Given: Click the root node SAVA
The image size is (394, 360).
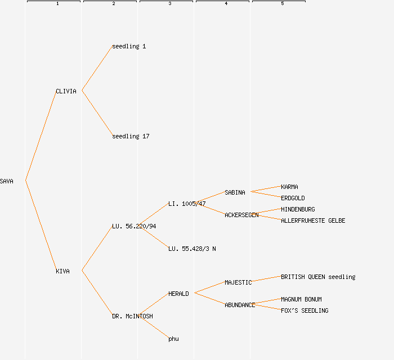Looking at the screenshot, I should click(x=7, y=181).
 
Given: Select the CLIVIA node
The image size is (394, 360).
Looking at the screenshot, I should click(x=66, y=91).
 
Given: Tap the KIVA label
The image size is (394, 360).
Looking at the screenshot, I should click(x=62, y=271).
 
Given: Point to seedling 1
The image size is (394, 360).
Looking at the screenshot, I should click(x=129, y=46).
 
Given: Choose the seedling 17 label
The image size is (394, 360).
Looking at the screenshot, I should click(x=131, y=136).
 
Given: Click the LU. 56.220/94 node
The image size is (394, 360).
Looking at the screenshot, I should click(x=134, y=226).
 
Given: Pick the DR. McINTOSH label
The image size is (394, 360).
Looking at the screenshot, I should click(x=132, y=316).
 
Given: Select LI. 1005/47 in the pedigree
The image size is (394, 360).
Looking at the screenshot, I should click(x=187, y=204).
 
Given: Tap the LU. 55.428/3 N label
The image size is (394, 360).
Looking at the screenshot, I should click(x=192, y=249).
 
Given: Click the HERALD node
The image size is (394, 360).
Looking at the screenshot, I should click(x=178, y=294).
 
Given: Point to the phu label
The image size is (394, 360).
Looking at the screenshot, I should click(x=173, y=339).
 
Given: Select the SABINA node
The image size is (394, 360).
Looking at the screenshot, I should click(x=235, y=192).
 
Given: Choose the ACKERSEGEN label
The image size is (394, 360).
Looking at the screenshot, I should click(x=241, y=215).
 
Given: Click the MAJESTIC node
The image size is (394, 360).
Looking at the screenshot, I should click(x=238, y=282).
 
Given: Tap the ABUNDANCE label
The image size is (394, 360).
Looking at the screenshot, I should click(x=240, y=305).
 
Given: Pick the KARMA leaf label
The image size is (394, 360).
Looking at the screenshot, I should click(x=289, y=187).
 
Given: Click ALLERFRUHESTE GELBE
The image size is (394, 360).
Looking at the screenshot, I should click(x=313, y=220).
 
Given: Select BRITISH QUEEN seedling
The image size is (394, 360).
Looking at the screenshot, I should click(x=318, y=277).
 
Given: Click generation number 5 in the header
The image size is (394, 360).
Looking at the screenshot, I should click(x=283, y=4).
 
